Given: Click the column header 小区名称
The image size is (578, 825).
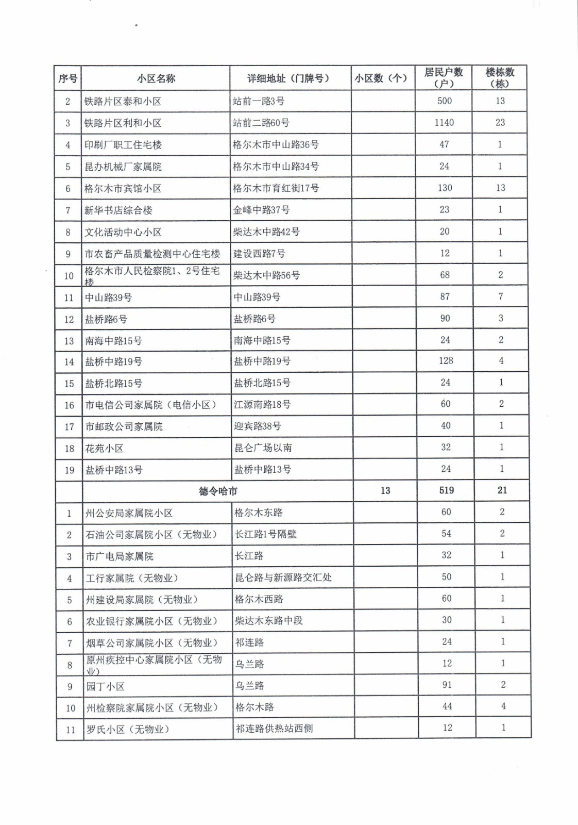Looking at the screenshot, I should [156, 79].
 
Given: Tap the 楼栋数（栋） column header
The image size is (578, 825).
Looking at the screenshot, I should [500, 78].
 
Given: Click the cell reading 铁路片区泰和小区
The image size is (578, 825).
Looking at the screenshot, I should [123, 102].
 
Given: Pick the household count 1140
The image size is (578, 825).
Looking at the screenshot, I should [444, 123].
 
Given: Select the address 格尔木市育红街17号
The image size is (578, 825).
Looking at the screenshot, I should [276, 188].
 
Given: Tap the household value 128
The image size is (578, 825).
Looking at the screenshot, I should [446, 361].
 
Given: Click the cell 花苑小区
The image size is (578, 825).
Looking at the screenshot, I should [105, 449].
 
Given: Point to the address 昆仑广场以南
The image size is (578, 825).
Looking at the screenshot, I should [263, 448].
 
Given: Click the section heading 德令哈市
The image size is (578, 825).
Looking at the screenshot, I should [218, 491].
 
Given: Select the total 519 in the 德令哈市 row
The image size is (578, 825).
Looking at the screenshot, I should [447, 490].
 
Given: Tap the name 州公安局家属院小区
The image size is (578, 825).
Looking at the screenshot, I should [129, 514].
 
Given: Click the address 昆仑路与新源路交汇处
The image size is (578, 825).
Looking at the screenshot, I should [283, 577].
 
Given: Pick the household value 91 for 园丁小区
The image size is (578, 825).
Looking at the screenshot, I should [447, 685].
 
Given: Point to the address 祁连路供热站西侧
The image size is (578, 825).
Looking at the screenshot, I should [274, 729].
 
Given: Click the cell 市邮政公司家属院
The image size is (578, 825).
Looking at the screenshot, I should [124, 427].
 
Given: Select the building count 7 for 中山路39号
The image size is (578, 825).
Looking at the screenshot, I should [501, 296].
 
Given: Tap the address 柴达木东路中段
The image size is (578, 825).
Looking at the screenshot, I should [269, 621].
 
